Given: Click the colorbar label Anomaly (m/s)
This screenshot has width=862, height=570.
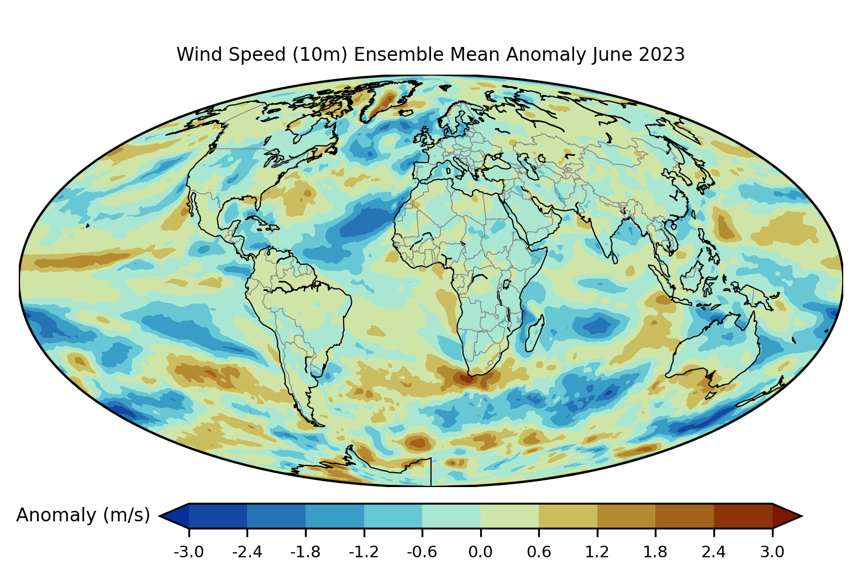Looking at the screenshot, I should (83, 515).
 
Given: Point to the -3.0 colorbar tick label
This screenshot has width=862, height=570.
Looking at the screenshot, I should (188, 552).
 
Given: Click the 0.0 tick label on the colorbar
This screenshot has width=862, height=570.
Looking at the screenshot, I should (480, 552).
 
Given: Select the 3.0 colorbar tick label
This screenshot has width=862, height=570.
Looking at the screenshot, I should (772, 552).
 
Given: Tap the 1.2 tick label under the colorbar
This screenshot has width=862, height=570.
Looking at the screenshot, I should (597, 552).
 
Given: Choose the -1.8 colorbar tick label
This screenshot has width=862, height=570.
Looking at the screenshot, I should (305, 552).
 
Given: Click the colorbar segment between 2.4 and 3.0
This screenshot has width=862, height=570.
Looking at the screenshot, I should (743, 515).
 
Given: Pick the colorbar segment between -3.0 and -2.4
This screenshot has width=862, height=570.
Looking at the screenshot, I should (218, 515).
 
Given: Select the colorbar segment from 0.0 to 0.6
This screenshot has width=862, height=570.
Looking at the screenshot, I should (509, 515).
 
